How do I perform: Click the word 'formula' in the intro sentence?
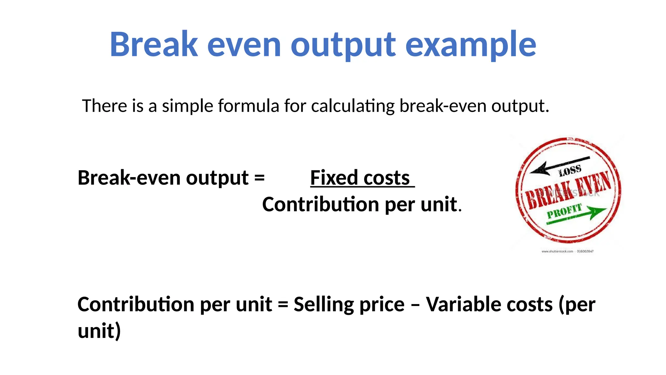point(249,106)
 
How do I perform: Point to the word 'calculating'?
point(353,106)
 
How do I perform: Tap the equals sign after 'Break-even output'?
point(260,178)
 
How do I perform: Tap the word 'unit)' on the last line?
point(99,331)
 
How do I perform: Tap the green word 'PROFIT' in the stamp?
point(564,212)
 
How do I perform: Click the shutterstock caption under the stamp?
point(567,251)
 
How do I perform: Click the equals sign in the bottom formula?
point(283,305)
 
